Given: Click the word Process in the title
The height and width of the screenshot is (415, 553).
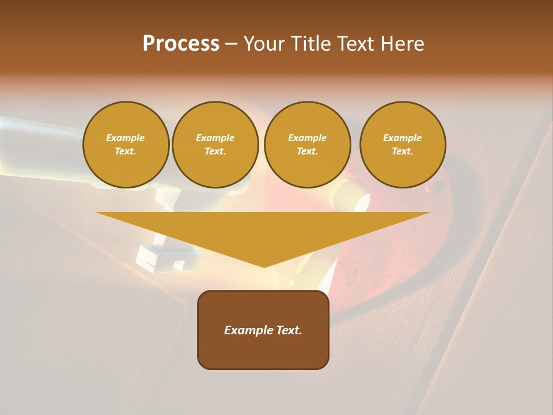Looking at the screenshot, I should [x=181, y=44].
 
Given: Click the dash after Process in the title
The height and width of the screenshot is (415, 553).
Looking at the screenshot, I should [x=231, y=44].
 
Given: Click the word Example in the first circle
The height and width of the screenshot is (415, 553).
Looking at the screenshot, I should [x=126, y=138].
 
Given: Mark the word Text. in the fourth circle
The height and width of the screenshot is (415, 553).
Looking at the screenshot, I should [x=403, y=151].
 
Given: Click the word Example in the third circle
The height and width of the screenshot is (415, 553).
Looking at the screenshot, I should [x=307, y=138].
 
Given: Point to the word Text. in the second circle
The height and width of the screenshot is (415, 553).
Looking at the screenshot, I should [x=215, y=151].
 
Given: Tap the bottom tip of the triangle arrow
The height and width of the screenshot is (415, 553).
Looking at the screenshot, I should [x=264, y=266].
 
